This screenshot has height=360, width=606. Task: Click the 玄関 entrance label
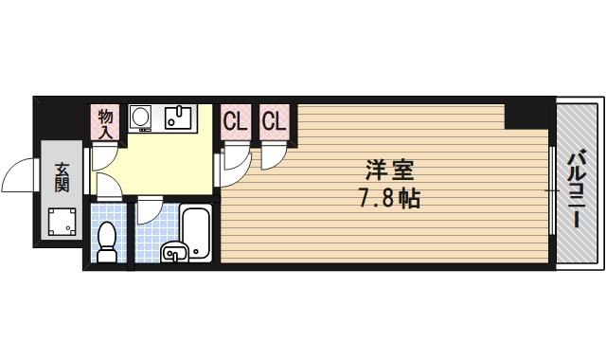point(62,177)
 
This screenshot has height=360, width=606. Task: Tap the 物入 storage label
point(106,123)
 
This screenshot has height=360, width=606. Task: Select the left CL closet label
point(235,122)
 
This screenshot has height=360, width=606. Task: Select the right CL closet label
point(275,122)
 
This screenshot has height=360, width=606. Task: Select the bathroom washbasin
point(174,252)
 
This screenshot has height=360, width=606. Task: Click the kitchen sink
point(178,117)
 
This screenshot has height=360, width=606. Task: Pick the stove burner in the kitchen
point(140,117)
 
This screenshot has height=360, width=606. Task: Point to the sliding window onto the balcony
point(551,190)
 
